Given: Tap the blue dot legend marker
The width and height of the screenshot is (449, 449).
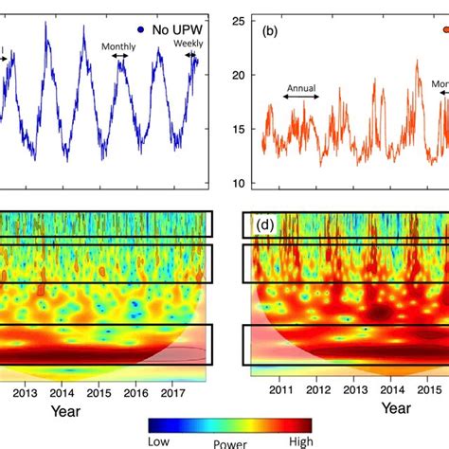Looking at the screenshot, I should point(128,29).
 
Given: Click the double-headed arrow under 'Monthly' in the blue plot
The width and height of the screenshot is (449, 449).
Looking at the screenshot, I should point(121,57).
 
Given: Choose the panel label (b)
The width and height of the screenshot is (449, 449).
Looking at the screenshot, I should point(271,31).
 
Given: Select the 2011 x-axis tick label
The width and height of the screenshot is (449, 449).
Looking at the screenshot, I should point(279,389).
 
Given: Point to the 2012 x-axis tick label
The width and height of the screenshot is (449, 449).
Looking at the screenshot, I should point(316,389).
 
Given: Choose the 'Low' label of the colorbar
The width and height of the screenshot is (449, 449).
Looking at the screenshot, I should point(161,440).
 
